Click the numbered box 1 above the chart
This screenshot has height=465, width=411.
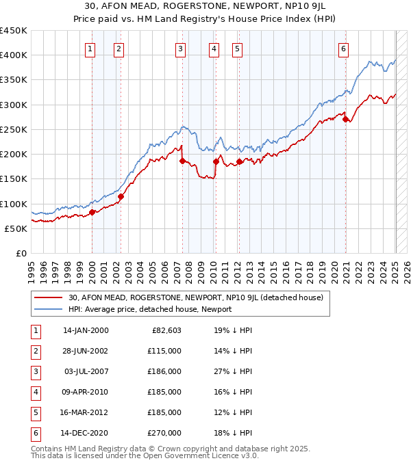[91, 49]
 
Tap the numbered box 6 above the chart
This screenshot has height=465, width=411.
[342, 49]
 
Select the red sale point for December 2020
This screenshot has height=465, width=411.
[346, 118]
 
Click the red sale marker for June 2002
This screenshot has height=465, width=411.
[121, 196]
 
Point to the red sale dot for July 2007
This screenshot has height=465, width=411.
[182, 161]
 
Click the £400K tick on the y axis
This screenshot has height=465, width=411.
[14, 55]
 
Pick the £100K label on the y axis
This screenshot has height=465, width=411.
[14, 204]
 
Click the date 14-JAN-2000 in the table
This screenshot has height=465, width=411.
[86, 330]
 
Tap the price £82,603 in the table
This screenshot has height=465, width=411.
[164, 330]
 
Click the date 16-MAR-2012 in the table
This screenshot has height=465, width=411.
[86, 412]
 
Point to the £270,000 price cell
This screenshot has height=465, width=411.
[164, 433]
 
